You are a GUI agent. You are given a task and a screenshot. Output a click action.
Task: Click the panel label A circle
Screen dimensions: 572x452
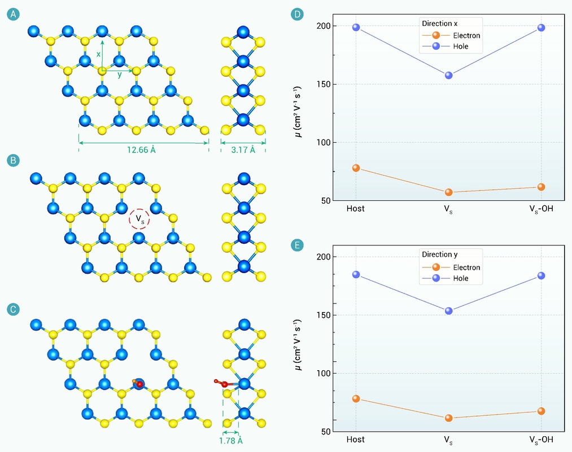tap(13, 14)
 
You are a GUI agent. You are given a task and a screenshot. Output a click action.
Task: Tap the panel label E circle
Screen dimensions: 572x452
tap(297, 245)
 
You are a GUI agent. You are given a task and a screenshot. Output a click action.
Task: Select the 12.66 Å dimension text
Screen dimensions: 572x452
tap(141, 150)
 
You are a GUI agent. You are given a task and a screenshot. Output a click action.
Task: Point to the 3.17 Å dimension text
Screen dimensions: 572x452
tap(243, 150)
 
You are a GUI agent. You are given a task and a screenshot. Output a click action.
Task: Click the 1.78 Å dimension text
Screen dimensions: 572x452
tap(230, 441)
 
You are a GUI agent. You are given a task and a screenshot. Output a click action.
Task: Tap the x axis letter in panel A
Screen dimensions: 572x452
tap(98, 54)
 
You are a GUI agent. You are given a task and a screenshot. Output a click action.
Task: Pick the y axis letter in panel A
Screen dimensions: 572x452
tap(119, 75)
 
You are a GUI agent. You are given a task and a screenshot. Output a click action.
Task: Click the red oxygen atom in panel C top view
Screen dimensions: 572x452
tap(139, 384)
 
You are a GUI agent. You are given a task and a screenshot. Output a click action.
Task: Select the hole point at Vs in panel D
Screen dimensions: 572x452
tap(449, 76)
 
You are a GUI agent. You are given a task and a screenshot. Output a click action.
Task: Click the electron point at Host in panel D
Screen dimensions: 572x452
tap(356, 168)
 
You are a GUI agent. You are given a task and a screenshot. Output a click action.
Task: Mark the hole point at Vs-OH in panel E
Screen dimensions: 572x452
tap(542, 275)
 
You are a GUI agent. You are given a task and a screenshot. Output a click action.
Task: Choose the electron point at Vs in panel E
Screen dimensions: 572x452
tap(449, 418)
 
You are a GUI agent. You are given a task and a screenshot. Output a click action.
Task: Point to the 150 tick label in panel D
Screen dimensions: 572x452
tap(324, 84)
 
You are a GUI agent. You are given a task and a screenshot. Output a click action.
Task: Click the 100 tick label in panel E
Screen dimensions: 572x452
tap(324, 373)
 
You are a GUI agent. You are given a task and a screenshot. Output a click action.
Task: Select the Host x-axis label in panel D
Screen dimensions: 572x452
tap(356, 208)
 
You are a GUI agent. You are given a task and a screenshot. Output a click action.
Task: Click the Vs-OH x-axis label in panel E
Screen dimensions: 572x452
tap(541, 440)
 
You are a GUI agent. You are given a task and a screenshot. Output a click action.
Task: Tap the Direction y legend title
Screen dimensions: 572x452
tap(440, 254)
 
